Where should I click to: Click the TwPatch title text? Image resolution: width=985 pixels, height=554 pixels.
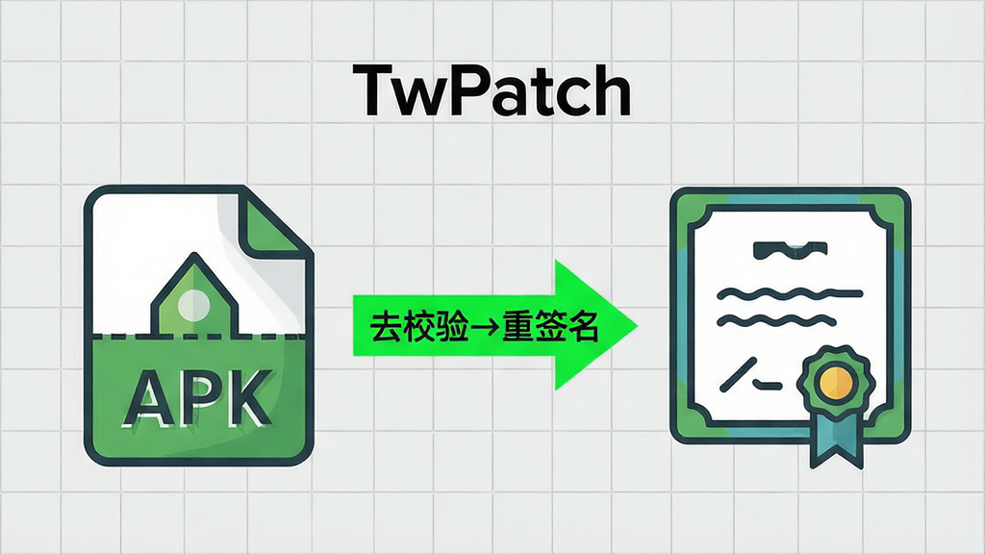tap(492, 91)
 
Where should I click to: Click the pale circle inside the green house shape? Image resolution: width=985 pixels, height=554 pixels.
tap(194, 306)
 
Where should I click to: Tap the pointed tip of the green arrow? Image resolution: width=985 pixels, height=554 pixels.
tap(637, 326)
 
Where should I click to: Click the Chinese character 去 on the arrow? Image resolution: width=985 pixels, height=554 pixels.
tap(385, 327)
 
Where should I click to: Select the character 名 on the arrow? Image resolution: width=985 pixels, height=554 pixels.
tap(581, 327)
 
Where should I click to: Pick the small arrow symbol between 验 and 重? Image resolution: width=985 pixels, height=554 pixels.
tap(485, 327)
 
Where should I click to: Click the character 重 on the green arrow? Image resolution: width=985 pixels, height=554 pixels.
tap(517, 327)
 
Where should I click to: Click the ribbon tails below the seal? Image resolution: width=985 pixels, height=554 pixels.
tap(836, 441)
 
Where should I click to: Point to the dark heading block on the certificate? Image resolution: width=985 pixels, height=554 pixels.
tap(791, 250)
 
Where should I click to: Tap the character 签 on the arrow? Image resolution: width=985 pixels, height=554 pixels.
tap(549, 327)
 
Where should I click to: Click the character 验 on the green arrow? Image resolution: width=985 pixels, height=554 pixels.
tap(452, 327)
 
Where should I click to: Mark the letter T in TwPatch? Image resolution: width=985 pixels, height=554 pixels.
tap(374, 91)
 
